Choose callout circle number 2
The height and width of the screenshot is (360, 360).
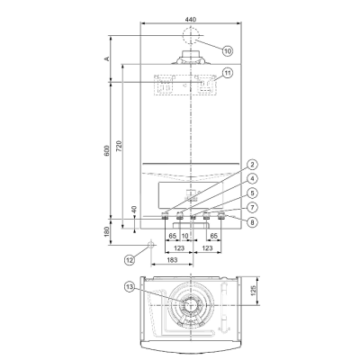(x=253, y=165)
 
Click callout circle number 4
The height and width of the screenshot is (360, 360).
(x=253, y=178)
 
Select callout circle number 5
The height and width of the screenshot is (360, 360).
(x=253, y=193)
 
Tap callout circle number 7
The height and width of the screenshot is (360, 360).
(x=253, y=206)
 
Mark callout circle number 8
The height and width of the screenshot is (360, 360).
(x=253, y=220)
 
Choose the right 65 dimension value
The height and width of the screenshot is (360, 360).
(x=211, y=236)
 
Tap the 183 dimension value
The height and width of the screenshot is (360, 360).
(x=170, y=259)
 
